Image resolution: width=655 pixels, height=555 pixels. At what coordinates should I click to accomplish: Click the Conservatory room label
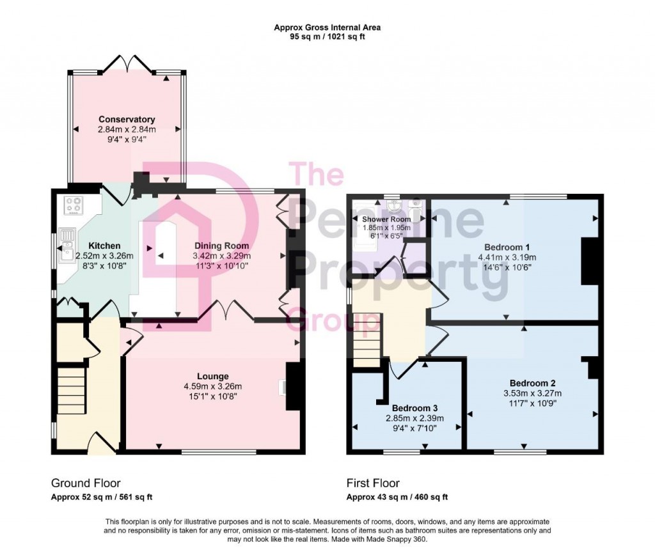[x=127, y=120]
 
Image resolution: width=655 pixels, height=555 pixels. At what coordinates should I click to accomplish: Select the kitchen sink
[x=67, y=246]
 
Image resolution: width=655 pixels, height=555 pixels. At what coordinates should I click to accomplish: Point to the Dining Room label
[x=222, y=246]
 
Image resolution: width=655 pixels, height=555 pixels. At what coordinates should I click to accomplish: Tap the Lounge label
[x=213, y=376]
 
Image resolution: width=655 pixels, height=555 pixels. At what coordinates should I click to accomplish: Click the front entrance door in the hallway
[x=102, y=445]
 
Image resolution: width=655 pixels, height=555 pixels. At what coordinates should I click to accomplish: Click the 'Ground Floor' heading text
[x=85, y=483]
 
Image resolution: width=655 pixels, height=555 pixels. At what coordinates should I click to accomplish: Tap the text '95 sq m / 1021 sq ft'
[x=327, y=36]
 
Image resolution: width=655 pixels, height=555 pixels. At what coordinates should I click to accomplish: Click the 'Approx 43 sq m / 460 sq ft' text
[x=397, y=497]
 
